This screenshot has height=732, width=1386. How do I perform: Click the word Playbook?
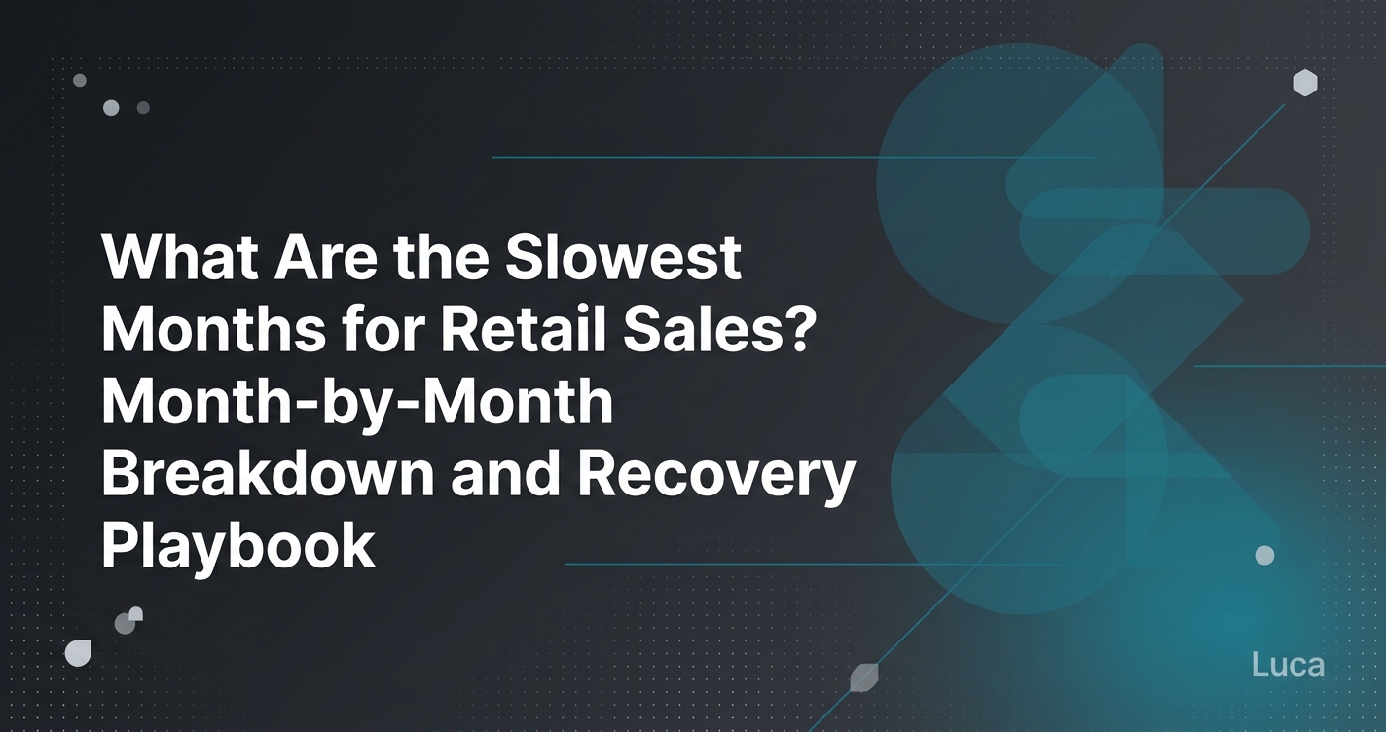[x=237, y=545]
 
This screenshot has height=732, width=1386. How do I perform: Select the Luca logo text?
[x=1288, y=666]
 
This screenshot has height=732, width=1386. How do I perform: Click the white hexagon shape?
[x=1304, y=84]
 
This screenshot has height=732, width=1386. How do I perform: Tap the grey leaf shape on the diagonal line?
[x=863, y=677]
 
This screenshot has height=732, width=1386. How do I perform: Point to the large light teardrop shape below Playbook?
[x=78, y=653]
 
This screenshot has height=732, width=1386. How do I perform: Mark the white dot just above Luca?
[x=1264, y=555]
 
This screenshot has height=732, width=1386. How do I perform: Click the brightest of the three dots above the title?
[x=111, y=108]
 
